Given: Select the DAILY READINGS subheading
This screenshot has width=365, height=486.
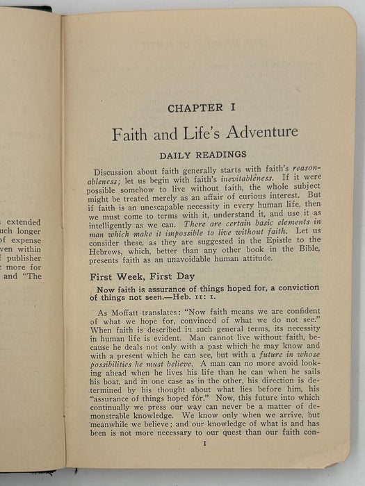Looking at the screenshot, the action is click(x=195, y=156).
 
